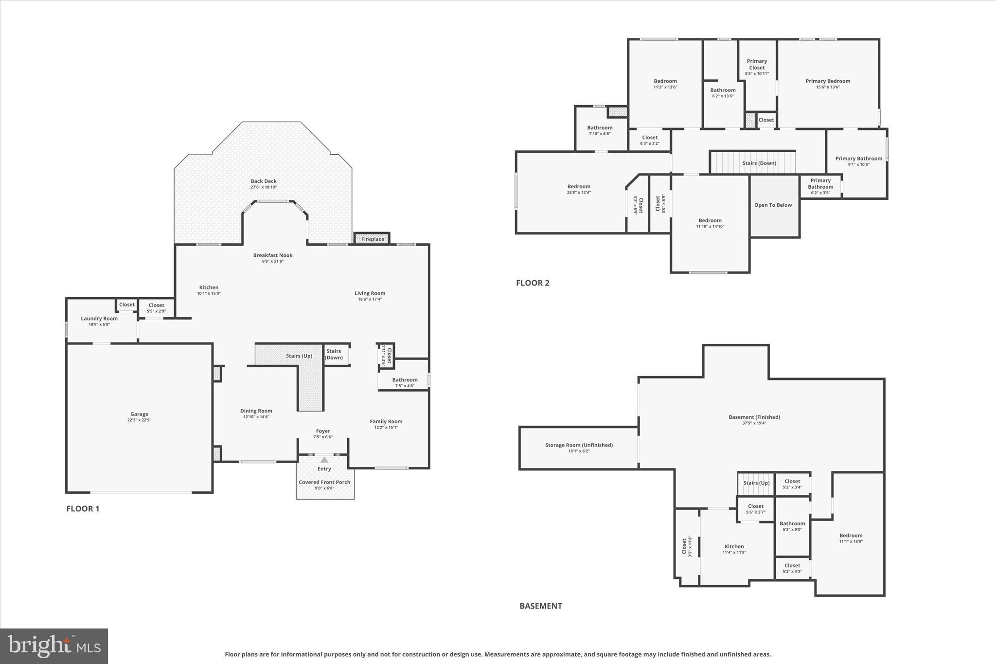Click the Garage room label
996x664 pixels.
click(x=139, y=414)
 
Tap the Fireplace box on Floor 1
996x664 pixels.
click(x=373, y=239)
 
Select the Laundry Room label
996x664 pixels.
click(x=99, y=319)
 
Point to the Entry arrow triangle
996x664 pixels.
click(x=324, y=460)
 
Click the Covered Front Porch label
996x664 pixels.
click(x=324, y=482)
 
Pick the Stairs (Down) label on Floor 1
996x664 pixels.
click(x=334, y=354)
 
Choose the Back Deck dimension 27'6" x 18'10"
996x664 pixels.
click(x=264, y=187)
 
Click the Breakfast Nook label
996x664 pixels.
click(x=273, y=255)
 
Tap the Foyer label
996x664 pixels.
click(x=323, y=431)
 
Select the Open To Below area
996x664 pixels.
click(x=773, y=205)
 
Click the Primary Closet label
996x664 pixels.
click(x=757, y=64)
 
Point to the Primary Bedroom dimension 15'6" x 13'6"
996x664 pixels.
click(x=828, y=87)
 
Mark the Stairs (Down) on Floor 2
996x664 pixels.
click(x=759, y=163)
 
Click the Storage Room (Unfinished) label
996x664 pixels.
click(x=579, y=445)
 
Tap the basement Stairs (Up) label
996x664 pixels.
click(x=757, y=483)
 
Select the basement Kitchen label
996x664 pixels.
click(x=734, y=546)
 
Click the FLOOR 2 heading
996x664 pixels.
click(x=533, y=283)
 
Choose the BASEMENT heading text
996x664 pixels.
click(x=540, y=606)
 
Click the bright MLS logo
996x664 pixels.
click(x=54, y=646)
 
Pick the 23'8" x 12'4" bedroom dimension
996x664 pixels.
click(x=579, y=192)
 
